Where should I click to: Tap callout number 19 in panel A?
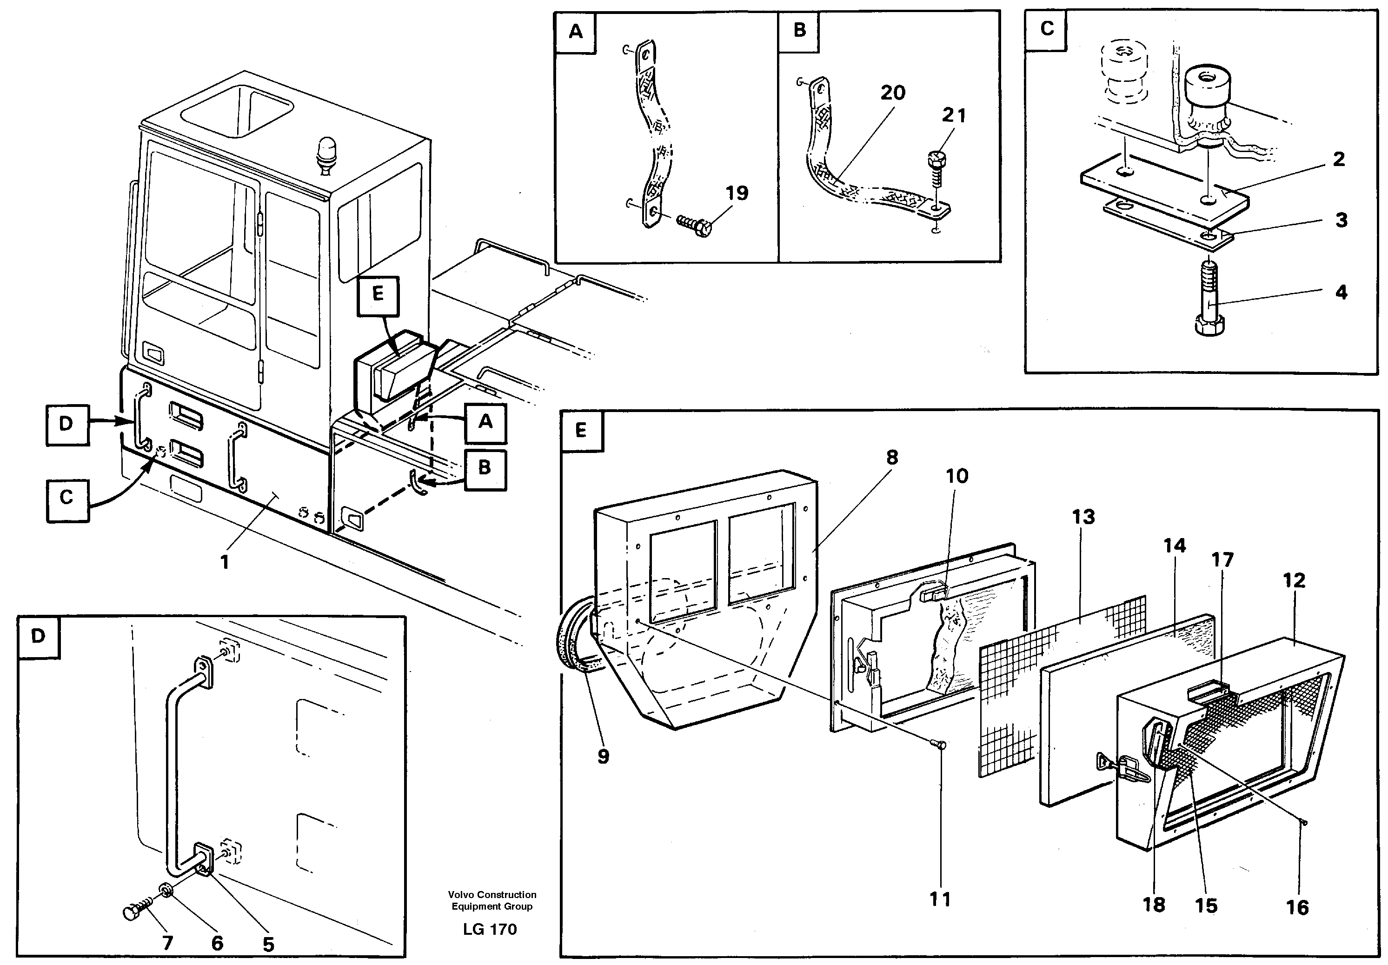[x=737, y=193]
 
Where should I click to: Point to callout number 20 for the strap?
[x=893, y=93]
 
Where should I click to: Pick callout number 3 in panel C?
[x=1342, y=220]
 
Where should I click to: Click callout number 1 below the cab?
[x=224, y=562]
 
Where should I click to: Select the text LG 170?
[x=490, y=929]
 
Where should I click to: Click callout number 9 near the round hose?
[x=603, y=756]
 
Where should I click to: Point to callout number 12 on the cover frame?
[x=1294, y=580]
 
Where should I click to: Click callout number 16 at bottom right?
[x=1297, y=907]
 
